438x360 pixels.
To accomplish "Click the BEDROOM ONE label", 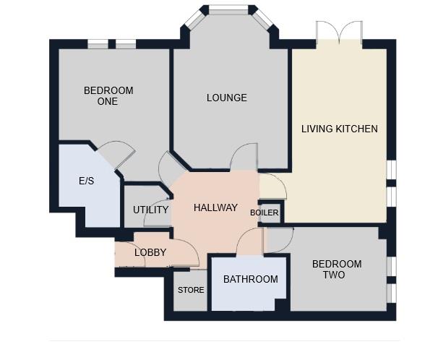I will tap(108, 95).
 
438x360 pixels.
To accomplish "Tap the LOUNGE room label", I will tap(226, 98).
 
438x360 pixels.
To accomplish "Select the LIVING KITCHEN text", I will tap(339, 129).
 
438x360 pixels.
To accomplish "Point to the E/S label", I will tap(86, 180).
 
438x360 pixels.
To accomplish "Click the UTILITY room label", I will tap(150, 210).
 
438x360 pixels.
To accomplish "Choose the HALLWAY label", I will tap(215, 207).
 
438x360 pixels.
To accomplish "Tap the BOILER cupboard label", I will tap(264, 213).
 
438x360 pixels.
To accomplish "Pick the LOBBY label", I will tap(150, 252).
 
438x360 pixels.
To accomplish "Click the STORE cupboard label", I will tap(191, 290).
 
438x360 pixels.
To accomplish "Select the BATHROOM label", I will tap(250, 279).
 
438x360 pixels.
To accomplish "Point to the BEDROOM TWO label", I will tap(336, 270).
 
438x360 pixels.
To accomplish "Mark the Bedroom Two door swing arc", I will tap(280, 239).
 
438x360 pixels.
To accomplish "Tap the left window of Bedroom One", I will tap(98, 45).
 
